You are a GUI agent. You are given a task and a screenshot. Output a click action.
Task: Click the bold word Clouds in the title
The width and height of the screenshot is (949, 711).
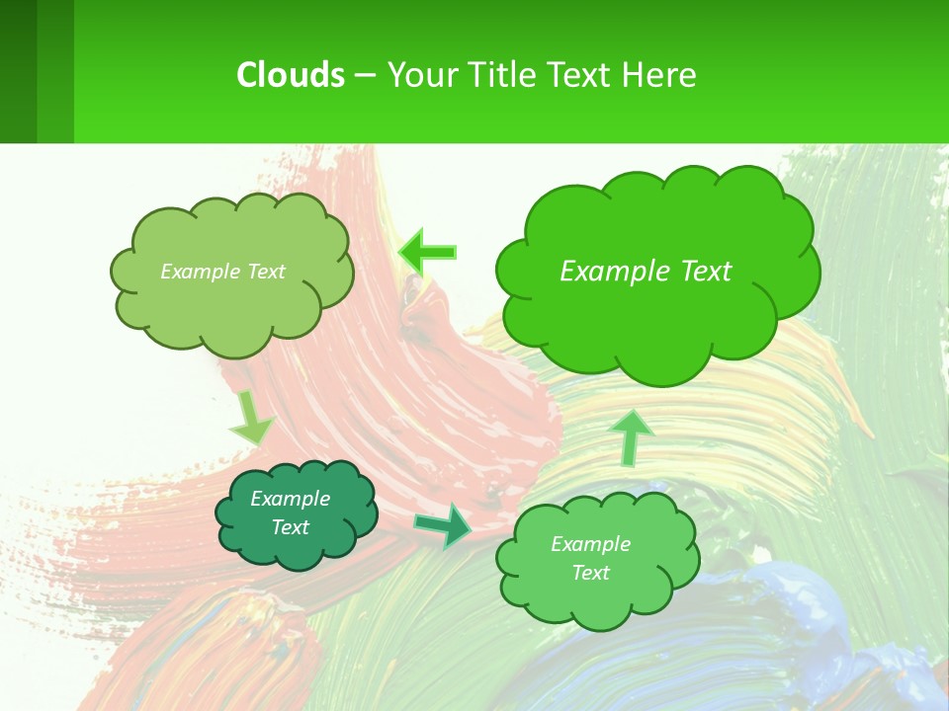(291, 75)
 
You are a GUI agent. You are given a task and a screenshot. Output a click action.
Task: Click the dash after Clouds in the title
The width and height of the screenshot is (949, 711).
(365, 76)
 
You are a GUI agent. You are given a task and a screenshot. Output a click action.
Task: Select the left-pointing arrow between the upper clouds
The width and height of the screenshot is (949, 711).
(427, 252)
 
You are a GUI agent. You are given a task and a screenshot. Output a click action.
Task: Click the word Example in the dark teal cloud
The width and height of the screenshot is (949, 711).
(290, 499)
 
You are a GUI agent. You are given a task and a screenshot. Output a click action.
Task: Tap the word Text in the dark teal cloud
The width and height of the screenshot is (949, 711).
(290, 527)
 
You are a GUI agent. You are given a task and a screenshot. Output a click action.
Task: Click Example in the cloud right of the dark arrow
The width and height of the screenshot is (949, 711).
(590, 544)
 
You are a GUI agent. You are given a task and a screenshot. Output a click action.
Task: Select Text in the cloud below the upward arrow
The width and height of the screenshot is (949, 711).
(590, 573)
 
